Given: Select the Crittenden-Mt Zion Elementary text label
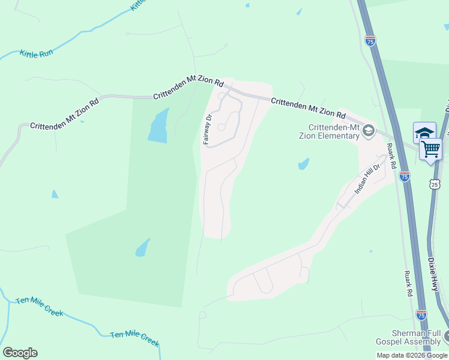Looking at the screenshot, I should tap(333, 131).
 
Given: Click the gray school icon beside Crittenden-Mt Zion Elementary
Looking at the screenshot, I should tap(368, 131).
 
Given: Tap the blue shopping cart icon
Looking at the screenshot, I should tap(431, 149).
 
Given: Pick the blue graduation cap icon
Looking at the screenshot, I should tap(424, 133).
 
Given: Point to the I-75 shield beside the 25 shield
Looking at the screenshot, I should tap(405, 176).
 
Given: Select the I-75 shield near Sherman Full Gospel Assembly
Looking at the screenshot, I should tap(421, 314).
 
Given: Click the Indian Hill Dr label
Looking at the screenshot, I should tap(367, 179).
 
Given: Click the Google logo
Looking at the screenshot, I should tap(20, 353).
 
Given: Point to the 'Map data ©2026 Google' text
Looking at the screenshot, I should tap(412, 355).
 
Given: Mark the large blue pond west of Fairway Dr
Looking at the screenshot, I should tap(158, 127).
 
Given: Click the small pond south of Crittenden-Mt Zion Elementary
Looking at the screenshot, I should tap(304, 164).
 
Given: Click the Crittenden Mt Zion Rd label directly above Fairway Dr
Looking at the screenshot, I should tap(188, 89).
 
